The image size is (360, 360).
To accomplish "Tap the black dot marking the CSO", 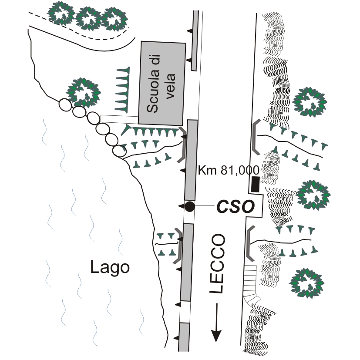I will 189,207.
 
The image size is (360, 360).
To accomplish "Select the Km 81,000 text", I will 228,170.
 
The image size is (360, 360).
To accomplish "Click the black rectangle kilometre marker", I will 255,185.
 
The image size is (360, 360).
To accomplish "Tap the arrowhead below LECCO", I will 216,335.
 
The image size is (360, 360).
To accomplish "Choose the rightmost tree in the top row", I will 114,18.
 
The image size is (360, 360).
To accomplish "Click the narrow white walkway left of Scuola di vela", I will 119,118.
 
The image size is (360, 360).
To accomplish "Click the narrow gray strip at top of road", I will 195,40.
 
